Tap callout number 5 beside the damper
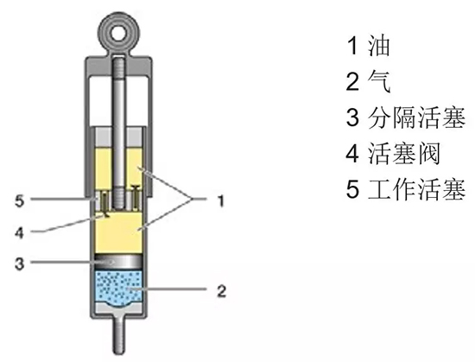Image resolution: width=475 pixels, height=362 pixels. click(19, 200)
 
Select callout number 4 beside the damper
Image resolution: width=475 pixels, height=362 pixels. click(19, 232)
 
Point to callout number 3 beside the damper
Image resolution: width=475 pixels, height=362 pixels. click(19, 264)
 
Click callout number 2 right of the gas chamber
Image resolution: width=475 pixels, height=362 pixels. click(222, 290)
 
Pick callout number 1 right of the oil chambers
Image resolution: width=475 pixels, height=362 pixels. click(221, 200)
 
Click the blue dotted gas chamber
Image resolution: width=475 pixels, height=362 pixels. click(118, 289)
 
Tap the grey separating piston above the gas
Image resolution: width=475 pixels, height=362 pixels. click(118, 262)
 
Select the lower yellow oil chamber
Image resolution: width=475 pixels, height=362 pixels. click(118, 232)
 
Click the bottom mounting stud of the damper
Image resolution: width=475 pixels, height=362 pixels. click(119, 334)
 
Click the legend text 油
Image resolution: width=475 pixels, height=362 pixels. click(378, 46)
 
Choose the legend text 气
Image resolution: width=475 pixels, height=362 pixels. click(379, 81)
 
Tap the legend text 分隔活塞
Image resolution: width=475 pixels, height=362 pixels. click(416, 117)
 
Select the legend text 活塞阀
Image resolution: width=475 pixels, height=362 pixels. click(404, 154)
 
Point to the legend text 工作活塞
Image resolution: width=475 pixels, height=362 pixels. click(416, 189)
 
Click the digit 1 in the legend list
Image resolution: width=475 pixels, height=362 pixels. click(352, 46)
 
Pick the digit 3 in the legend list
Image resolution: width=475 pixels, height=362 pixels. click(352, 117)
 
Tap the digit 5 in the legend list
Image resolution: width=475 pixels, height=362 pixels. click(352, 190)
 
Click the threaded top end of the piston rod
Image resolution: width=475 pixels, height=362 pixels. click(119, 68)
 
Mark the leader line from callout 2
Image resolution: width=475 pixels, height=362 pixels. click(168, 289)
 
